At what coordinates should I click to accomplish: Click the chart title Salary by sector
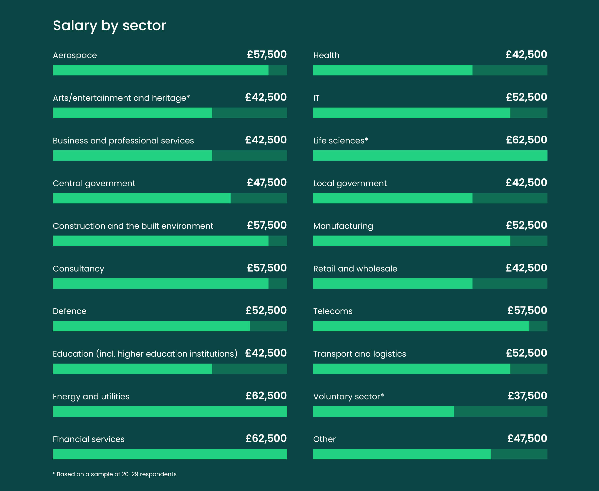(x=109, y=25)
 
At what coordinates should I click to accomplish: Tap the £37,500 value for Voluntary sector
(x=527, y=396)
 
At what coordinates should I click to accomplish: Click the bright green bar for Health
(x=392, y=70)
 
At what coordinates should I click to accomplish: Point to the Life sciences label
(x=340, y=140)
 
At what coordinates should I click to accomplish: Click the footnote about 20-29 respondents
(x=115, y=474)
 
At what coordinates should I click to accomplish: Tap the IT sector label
(x=316, y=98)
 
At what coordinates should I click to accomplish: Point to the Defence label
(x=69, y=311)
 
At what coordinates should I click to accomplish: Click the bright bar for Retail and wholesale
(x=392, y=283)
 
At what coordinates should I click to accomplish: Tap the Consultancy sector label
(x=79, y=269)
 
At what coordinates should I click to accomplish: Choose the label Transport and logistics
(x=360, y=354)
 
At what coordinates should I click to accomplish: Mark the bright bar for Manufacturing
(x=411, y=241)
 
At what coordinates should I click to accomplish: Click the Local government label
(x=350, y=183)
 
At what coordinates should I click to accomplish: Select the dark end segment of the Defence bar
(x=268, y=326)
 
